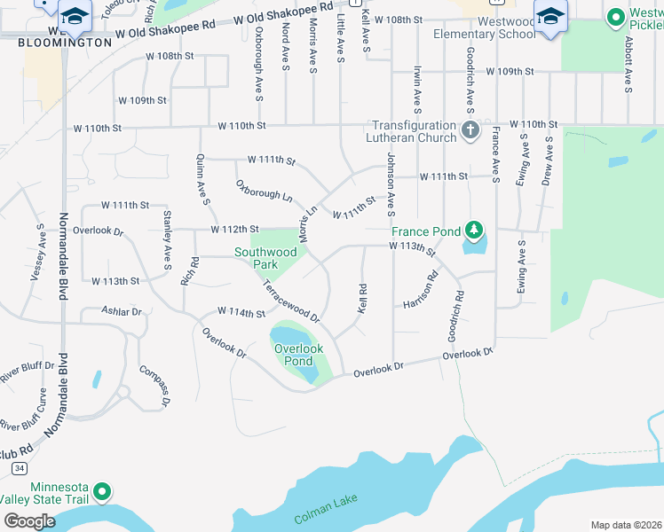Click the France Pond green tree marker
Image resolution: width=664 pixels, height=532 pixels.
point(475,231)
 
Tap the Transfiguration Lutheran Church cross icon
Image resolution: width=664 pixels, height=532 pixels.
point(470,132)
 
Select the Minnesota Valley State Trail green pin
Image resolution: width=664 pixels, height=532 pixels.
point(103,490)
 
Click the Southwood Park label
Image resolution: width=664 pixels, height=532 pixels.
point(265,258)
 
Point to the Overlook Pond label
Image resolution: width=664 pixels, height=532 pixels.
point(293,355)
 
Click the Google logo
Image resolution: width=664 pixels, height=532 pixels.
point(29,520)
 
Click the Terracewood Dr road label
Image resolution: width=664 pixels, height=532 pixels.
point(290,300)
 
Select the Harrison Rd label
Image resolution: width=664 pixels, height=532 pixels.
point(421,289)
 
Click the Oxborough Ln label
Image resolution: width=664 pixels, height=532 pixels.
point(264,190)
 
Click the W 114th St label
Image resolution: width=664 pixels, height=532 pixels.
point(241,313)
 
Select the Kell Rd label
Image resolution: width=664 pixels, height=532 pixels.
point(362,297)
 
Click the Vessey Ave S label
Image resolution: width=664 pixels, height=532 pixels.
point(38,253)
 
